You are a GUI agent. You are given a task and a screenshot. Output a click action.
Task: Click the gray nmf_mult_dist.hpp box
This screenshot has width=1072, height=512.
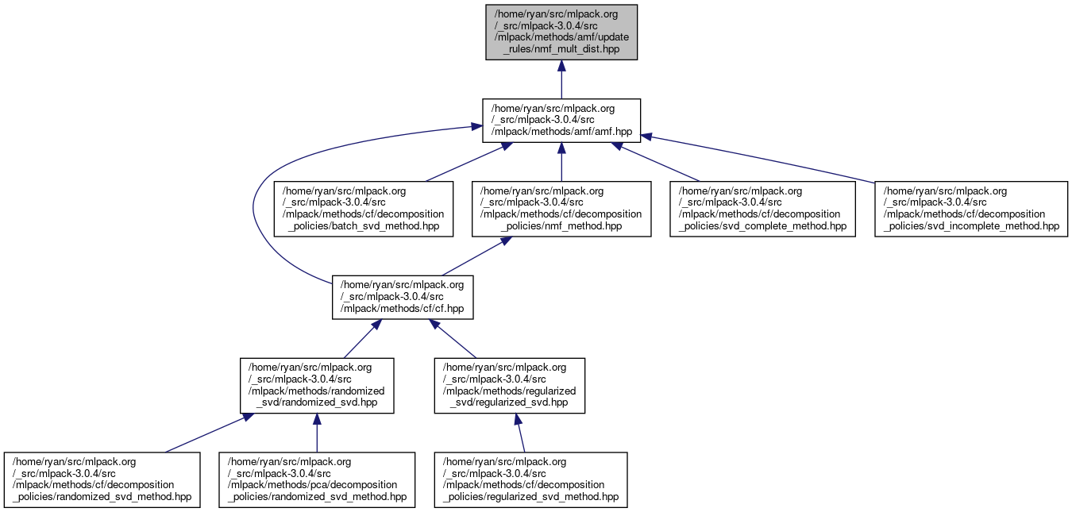pos(561,32)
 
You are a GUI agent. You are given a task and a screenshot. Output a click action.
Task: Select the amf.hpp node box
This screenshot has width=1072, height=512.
pos(561,121)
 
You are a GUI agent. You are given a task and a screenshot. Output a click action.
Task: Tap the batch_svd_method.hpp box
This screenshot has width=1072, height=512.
pos(363,209)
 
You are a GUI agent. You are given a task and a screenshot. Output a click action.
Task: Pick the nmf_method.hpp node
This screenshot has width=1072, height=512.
pos(561,209)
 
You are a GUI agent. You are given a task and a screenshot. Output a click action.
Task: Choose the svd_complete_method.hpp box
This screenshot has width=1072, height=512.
pos(760,209)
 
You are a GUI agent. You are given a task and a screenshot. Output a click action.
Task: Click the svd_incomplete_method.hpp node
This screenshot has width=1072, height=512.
pos(970,209)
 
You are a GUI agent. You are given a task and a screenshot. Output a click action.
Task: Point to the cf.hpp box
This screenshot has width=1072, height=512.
pos(403,297)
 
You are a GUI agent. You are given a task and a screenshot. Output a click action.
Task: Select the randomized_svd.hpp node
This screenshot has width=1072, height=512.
pos(317,385)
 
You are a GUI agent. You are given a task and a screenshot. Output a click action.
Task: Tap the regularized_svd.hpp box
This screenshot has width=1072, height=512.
pos(509,385)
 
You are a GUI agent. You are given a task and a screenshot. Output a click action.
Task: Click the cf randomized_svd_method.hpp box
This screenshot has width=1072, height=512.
pos(102,479)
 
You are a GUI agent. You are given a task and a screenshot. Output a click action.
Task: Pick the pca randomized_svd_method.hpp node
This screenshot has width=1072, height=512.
pos(317,479)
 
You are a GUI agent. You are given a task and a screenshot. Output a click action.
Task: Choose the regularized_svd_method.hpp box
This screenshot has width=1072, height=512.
pos(530,479)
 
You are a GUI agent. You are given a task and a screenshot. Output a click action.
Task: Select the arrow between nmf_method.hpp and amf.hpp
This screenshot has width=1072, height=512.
pos(561,163)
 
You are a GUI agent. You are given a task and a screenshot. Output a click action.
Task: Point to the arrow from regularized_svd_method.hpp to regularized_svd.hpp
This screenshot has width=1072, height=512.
pos(519,433)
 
